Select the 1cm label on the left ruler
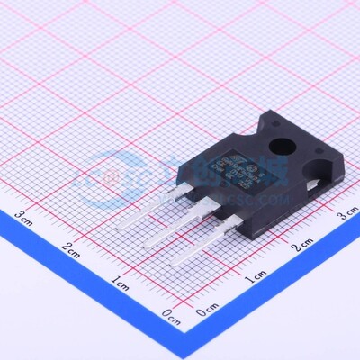[120, 283]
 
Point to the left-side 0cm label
[170, 314]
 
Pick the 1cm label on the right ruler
[256, 275]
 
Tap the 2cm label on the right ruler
[303, 244]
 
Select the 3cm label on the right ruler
[346, 214]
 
